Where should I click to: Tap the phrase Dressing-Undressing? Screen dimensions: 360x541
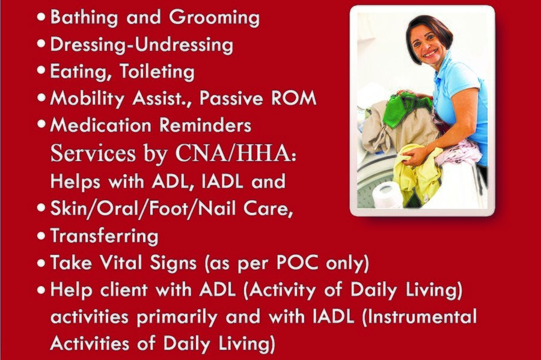point(141,44)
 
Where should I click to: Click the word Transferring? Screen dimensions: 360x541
point(104,236)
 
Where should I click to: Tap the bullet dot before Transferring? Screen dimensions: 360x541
point(41,236)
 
